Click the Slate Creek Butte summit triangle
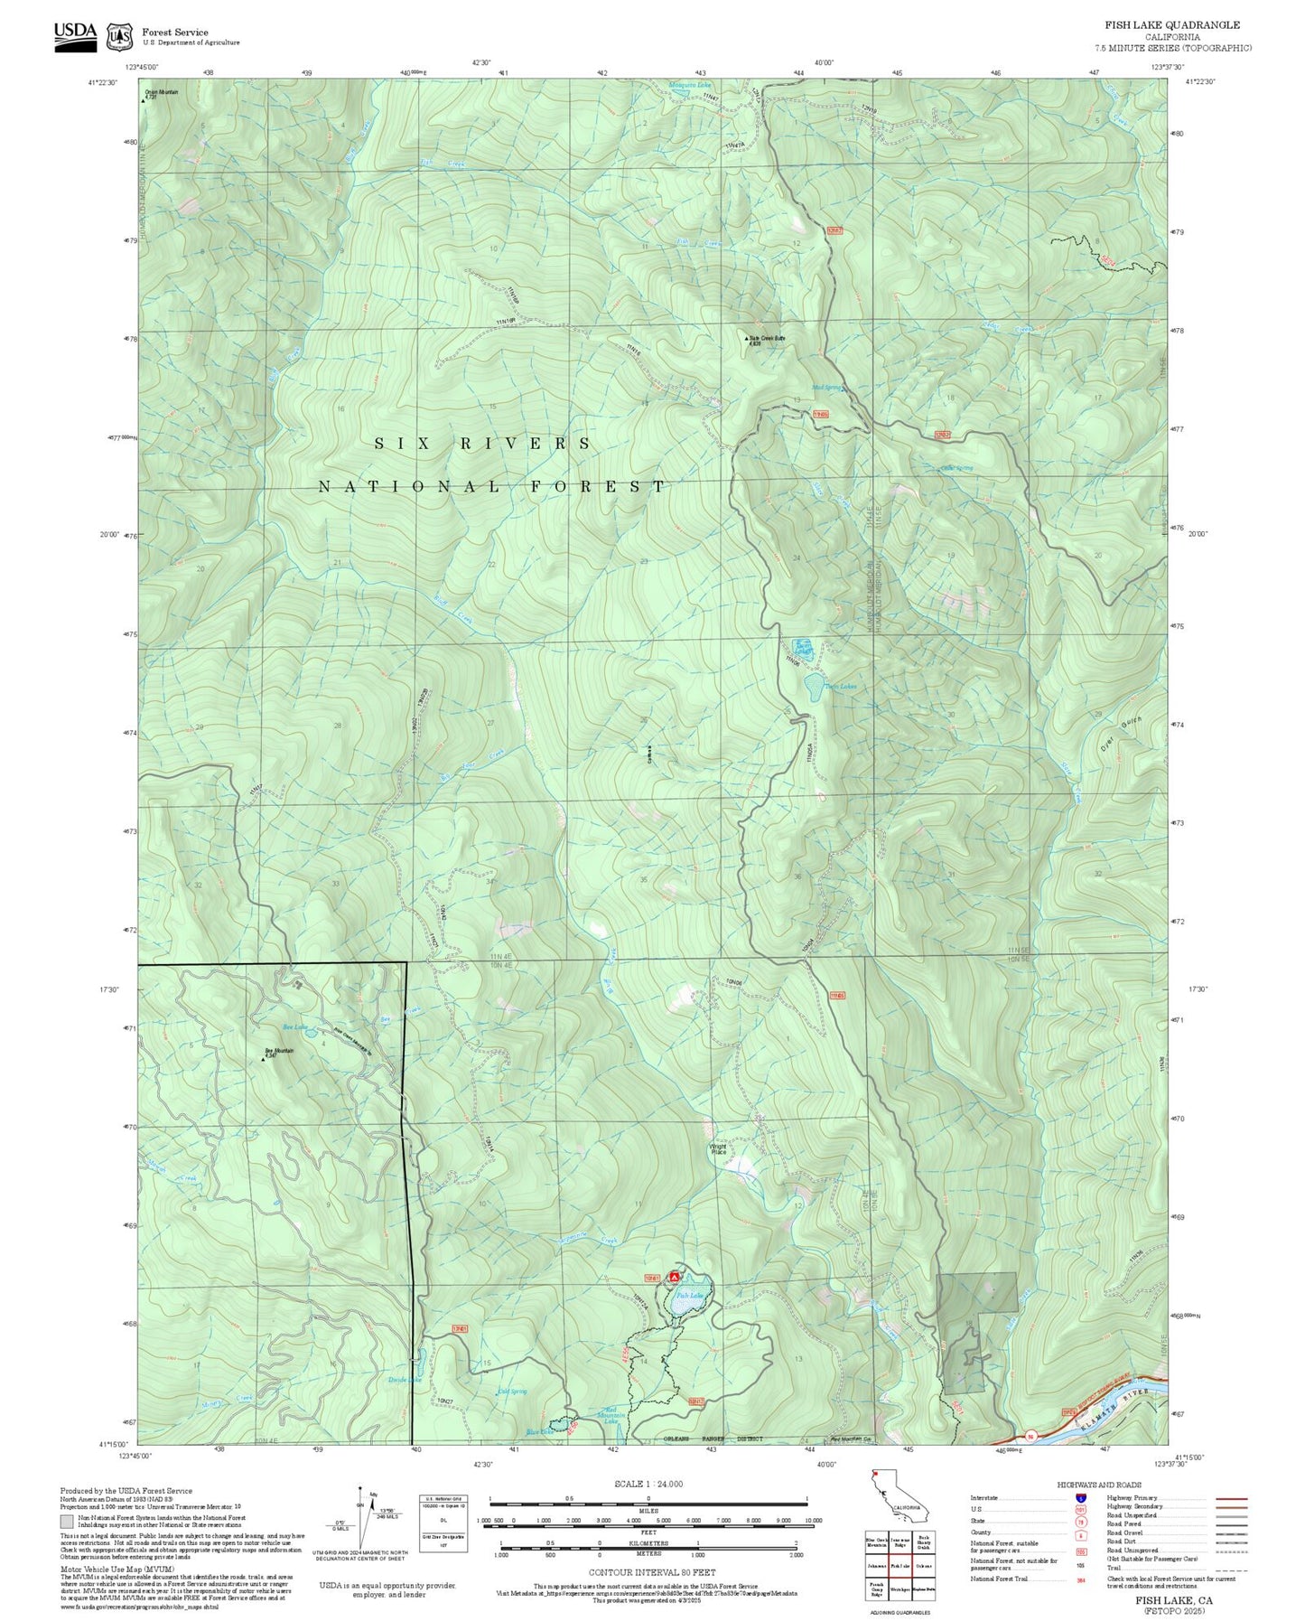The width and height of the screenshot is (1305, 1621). (x=747, y=340)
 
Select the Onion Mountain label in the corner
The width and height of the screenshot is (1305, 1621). (x=163, y=92)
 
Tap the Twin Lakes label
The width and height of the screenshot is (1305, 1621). (x=839, y=687)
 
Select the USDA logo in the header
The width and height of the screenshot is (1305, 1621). (x=75, y=34)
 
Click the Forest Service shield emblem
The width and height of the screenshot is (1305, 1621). (x=119, y=36)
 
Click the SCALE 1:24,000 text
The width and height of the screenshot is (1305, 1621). (x=648, y=1484)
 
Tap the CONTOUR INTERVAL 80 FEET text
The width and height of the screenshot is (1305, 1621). (x=650, y=1573)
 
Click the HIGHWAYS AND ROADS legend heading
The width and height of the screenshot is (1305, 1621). (x=1098, y=1485)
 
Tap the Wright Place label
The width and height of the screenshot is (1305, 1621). (x=718, y=1149)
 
